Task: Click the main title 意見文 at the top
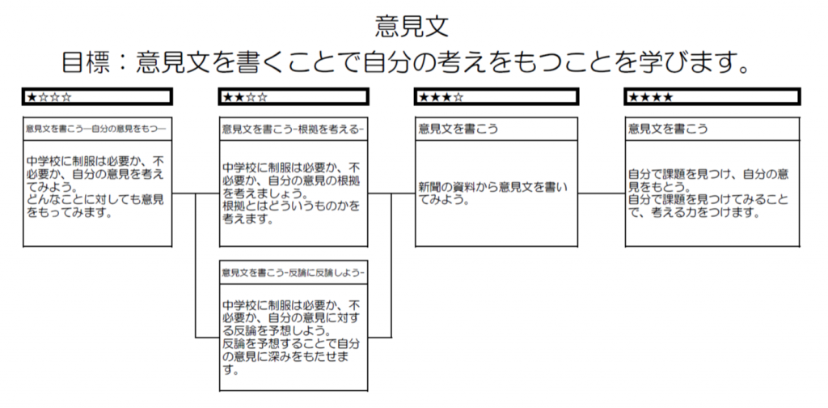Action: [x=412, y=27]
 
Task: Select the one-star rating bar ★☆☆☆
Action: [x=98, y=96]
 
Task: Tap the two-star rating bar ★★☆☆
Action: [x=294, y=96]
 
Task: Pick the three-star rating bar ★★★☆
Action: [x=496, y=96]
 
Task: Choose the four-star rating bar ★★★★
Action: [x=712, y=96]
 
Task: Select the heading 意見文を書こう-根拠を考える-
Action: [x=293, y=129]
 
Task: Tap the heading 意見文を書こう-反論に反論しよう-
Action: [x=294, y=273]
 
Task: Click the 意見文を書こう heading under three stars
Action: [x=458, y=129]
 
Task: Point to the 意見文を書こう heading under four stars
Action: [x=667, y=129]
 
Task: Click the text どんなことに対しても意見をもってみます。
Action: [x=96, y=206]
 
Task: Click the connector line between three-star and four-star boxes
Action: [x=602, y=193]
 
